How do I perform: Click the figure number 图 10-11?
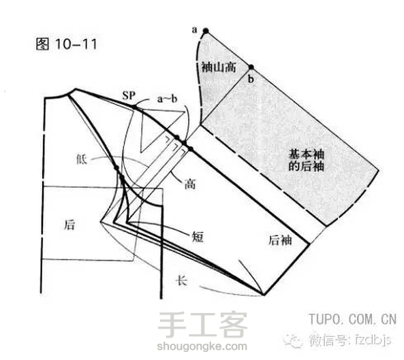(67, 44)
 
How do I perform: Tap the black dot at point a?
(206, 31)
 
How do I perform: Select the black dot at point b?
(251, 67)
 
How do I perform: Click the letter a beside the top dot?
(195, 30)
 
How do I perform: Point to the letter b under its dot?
(251, 79)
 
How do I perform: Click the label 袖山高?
(219, 67)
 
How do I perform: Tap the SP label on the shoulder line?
(129, 96)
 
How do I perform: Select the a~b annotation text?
(167, 99)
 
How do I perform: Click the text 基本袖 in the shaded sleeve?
(306, 154)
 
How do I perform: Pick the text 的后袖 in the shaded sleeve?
(306, 166)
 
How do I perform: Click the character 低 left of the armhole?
(82, 159)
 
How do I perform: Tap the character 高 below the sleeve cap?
(190, 184)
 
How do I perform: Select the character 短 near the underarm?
(198, 236)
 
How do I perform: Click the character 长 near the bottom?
(181, 280)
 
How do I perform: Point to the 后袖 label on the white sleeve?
(280, 240)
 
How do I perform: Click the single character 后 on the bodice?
(69, 225)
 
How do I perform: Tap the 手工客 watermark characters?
(202, 325)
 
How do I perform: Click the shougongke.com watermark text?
(202, 346)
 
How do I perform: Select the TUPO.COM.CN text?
(352, 319)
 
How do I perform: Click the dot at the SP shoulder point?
(134, 107)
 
